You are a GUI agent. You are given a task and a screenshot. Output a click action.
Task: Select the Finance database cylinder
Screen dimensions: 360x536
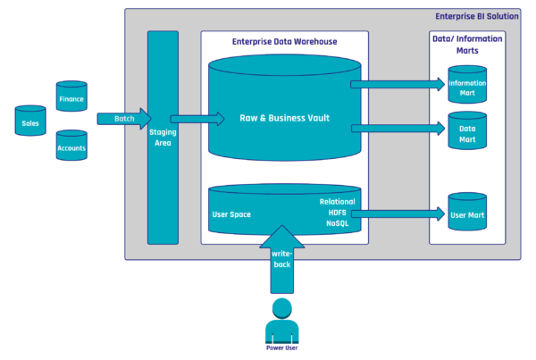pyautogui.click(x=71, y=96)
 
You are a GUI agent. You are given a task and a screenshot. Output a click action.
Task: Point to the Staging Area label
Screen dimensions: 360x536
pyautogui.click(x=163, y=136)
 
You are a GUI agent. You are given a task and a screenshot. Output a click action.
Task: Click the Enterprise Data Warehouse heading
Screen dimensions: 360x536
pyautogui.click(x=285, y=41)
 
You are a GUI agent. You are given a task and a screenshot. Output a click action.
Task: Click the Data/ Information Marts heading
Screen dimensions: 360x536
pyautogui.click(x=467, y=45)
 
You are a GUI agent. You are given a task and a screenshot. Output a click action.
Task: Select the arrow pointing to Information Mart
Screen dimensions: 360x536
pyautogui.click(x=398, y=84)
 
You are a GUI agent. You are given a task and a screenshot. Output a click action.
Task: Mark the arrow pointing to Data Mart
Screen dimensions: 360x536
pyautogui.click(x=398, y=129)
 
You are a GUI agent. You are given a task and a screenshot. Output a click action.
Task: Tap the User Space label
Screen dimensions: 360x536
pyautogui.click(x=231, y=214)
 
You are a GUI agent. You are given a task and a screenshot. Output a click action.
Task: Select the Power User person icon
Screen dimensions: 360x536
pyautogui.click(x=281, y=322)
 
